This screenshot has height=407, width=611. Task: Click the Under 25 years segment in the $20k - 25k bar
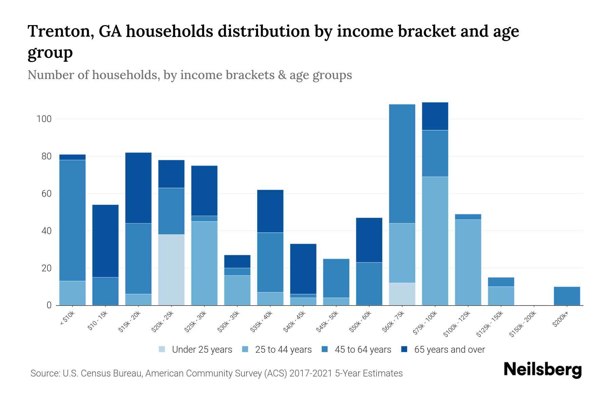coord(171,270)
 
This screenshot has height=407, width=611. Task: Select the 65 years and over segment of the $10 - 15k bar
coord(106,241)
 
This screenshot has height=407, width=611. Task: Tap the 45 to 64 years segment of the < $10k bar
coord(73,220)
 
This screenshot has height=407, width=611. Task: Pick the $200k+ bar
coord(567,296)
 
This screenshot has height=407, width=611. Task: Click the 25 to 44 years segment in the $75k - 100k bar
coord(435,241)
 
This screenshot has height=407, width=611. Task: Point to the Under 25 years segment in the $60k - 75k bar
coord(402,294)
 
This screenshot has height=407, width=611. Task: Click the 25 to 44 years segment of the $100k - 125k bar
coord(468,262)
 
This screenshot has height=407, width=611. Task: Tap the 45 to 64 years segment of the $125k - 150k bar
coord(501,282)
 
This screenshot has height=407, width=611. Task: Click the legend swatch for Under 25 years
coord(162,349)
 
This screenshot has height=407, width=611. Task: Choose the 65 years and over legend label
coord(449,350)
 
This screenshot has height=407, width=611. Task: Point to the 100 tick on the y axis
coord(44,119)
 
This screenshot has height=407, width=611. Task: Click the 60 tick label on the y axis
coord(46,194)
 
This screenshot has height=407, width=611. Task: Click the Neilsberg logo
coord(542,369)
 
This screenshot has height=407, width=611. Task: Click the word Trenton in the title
coord(61,31)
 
